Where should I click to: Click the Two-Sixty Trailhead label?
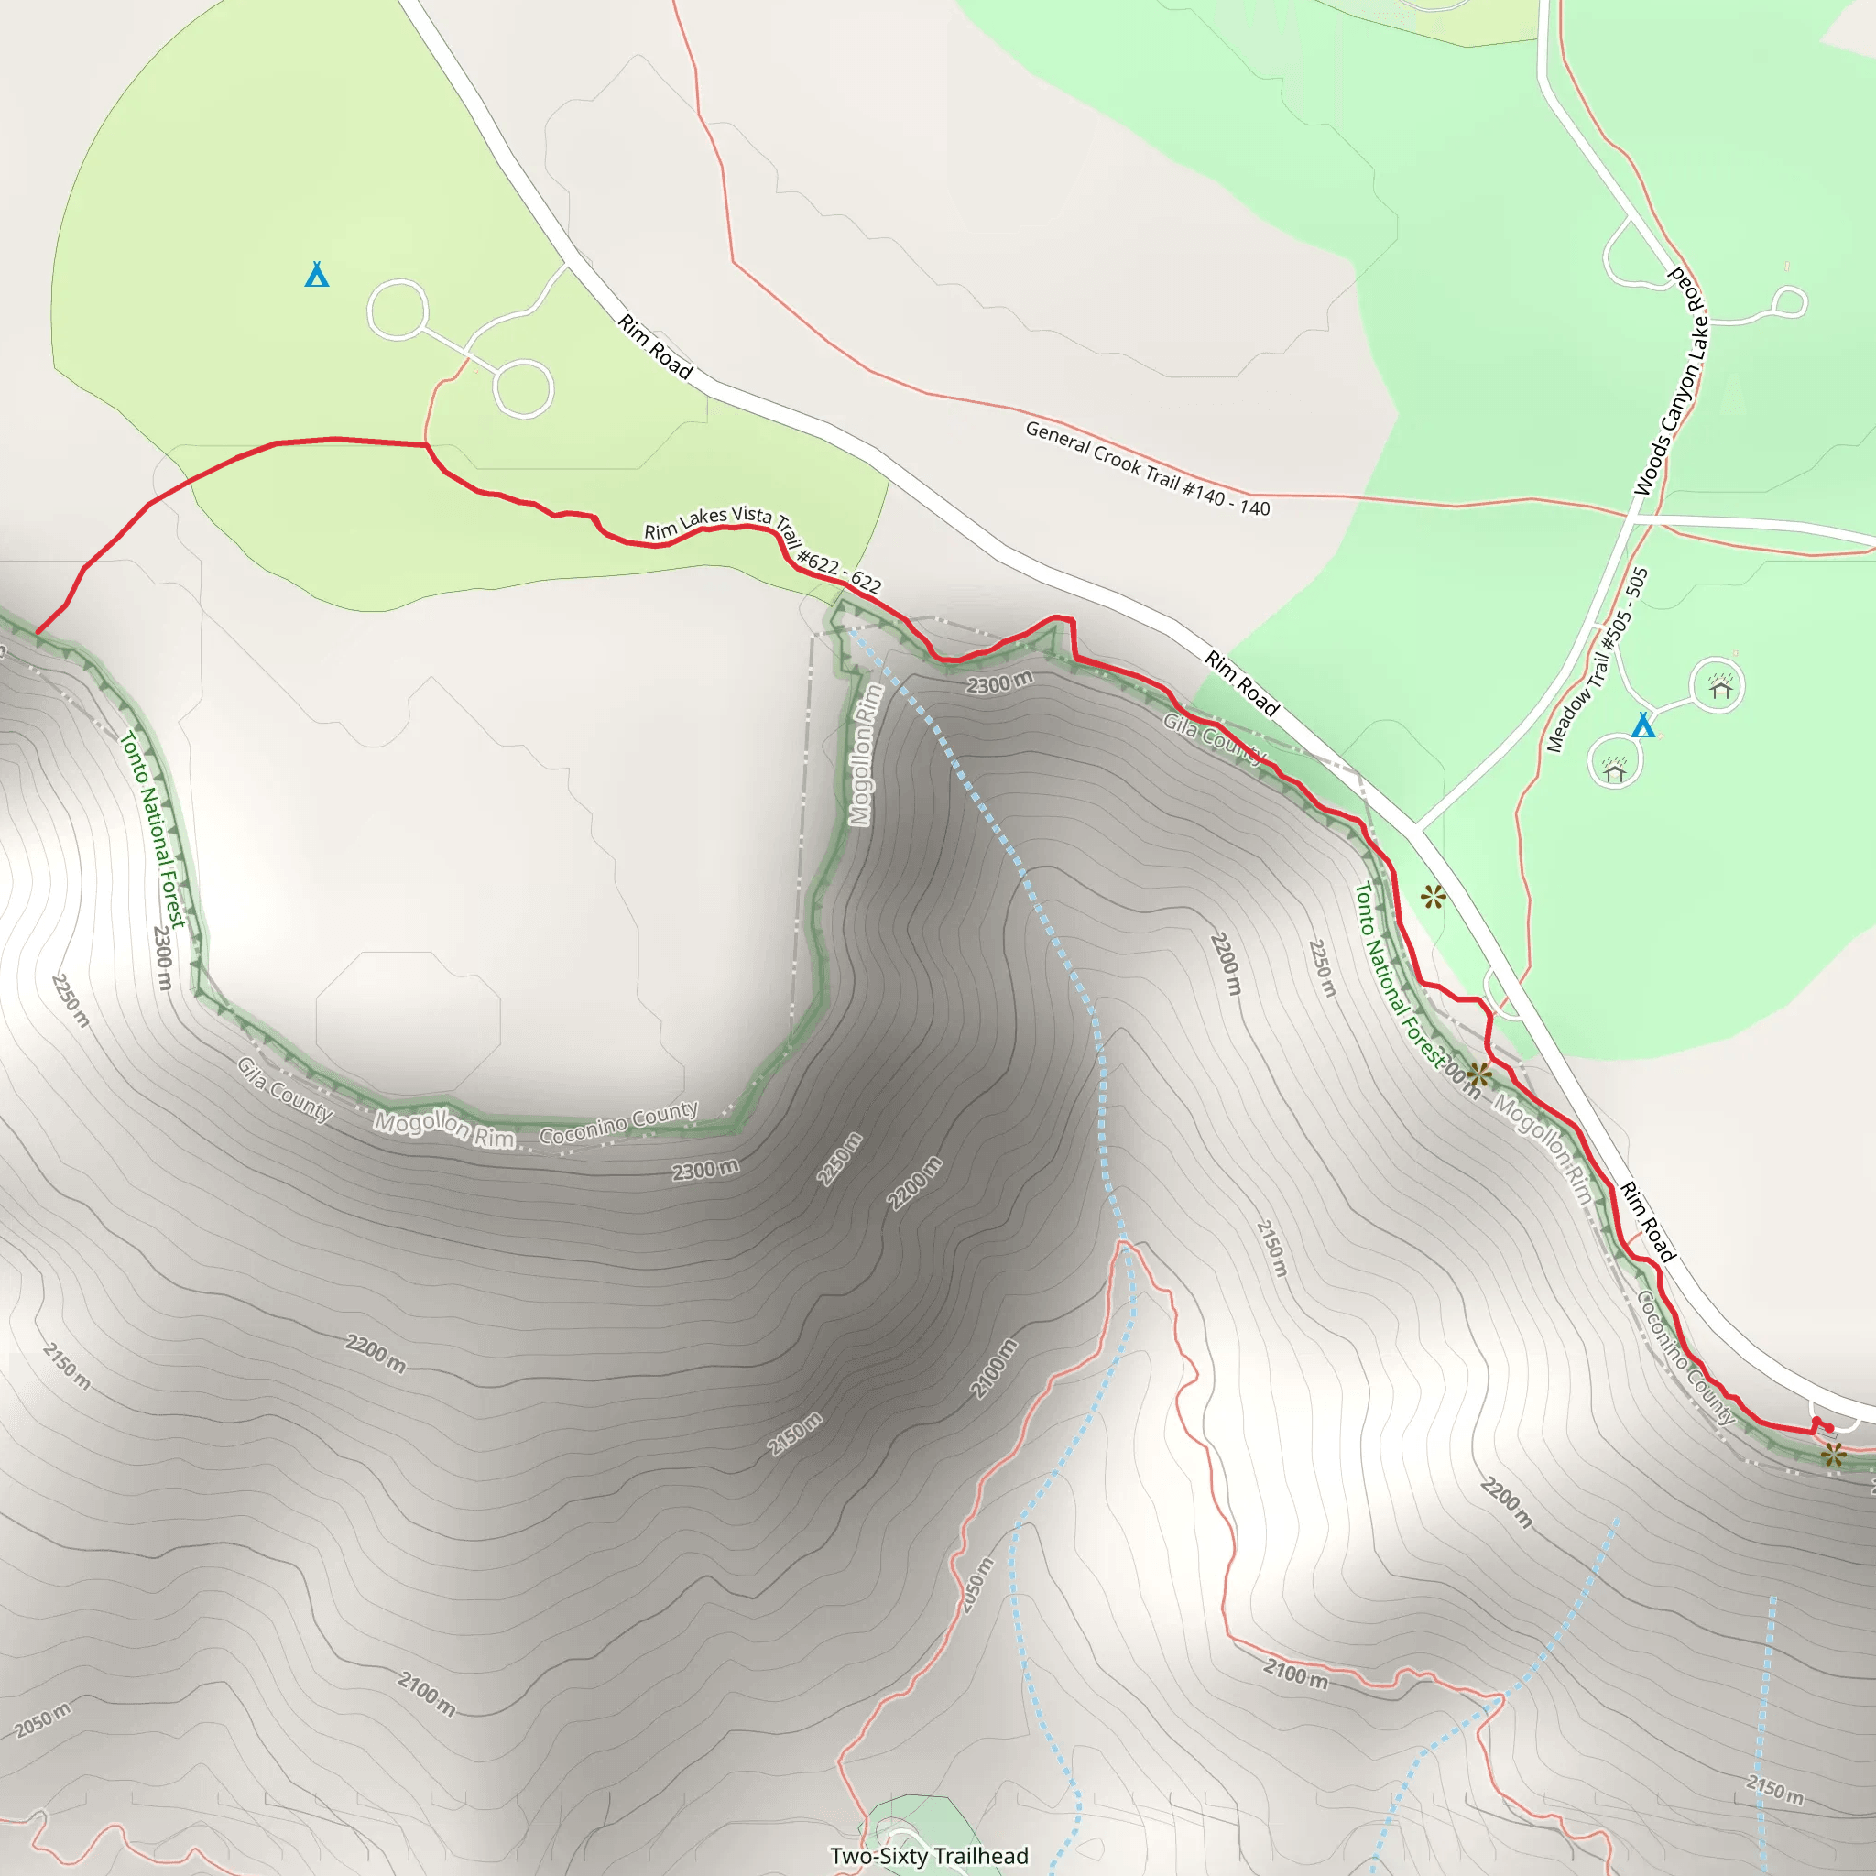point(929,1856)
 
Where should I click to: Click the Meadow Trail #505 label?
point(1598,660)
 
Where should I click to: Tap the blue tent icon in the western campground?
point(317,276)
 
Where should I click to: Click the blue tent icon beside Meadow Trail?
point(1643,725)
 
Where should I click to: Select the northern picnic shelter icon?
point(1720,688)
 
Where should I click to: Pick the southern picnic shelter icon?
point(1615,771)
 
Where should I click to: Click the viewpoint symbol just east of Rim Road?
point(1434,896)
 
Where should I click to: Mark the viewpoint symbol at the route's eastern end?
point(1832,1455)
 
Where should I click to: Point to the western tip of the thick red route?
point(37,632)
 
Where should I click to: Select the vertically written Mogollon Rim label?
point(865,756)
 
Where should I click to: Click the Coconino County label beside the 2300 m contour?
point(618,1122)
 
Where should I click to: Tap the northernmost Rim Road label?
point(656,346)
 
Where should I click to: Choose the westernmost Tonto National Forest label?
point(152,828)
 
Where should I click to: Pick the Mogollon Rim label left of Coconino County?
point(444,1130)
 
